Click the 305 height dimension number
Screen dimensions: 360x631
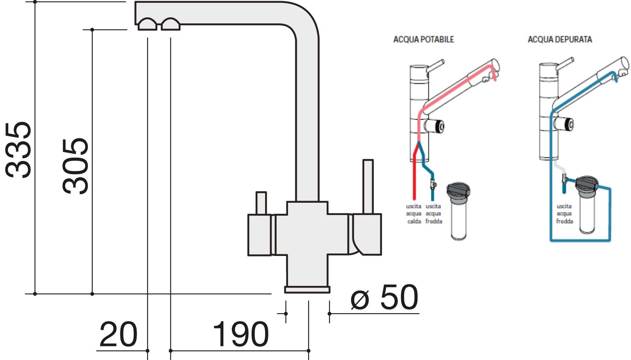(76, 165)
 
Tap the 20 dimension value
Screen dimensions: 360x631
(118, 335)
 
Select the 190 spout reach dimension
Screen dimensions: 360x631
(241, 335)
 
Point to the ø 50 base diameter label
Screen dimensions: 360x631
(384, 298)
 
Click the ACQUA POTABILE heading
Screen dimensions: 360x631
(423, 39)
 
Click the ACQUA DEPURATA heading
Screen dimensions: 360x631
(560, 39)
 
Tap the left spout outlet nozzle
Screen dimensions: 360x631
(148, 25)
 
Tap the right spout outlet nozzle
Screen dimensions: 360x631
(170, 25)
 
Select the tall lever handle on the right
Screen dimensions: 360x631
(368, 186)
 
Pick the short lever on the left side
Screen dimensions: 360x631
(261, 203)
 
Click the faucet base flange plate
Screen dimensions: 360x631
(307, 290)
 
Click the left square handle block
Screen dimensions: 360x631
(259, 235)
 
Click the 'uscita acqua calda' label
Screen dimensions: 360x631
(414, 214)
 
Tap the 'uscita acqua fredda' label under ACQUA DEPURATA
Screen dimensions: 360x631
(564, 214)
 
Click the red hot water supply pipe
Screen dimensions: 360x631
(414, 176)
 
